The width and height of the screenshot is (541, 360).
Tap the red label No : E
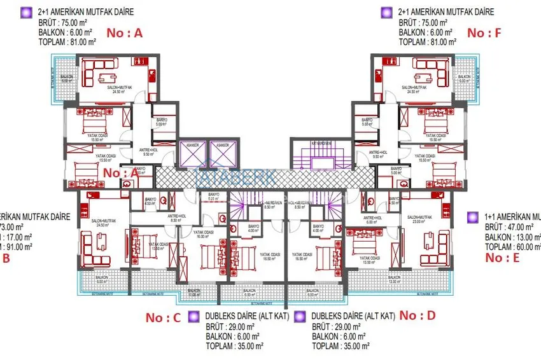pyautogui.click(x=502, y=257)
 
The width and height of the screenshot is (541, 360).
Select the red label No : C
pyautogui.click(x=164, y=317)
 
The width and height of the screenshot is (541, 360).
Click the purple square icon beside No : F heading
pyautogui.click(x=385, y=11)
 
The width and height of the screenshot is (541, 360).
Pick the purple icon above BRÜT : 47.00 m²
pyautogui.click(x=472, y=217)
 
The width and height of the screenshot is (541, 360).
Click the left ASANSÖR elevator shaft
pyautogui.click(x=190, y=155)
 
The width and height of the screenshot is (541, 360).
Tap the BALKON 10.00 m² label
pyautogui.click(x=193, y=292)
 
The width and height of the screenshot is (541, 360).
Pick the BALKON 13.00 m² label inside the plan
pyautogui.click(x=395, y=280)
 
